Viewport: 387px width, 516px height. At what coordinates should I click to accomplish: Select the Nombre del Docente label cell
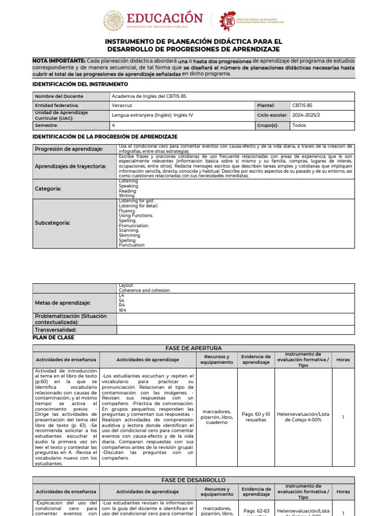point(59,96)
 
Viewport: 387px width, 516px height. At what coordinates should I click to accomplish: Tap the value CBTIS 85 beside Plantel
point(302,105)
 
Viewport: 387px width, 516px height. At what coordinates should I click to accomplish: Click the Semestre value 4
point(113,125)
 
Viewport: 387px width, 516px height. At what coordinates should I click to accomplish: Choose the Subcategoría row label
point(52,223)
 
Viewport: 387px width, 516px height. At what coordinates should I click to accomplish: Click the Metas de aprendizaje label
point(63,303)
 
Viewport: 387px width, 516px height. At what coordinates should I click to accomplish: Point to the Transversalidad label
point(55,330)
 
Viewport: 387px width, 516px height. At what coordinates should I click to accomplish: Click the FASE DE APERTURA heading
point(193,348)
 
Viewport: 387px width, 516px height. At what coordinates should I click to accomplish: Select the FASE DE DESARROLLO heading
point(193,480)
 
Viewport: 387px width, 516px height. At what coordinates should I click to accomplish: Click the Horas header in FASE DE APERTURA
point(343,360)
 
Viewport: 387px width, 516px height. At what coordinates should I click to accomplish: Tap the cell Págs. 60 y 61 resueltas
point(256,417)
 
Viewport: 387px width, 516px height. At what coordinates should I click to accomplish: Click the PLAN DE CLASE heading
point(53,338)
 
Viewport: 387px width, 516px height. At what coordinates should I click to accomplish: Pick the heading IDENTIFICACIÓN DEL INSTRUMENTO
point(80,84)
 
